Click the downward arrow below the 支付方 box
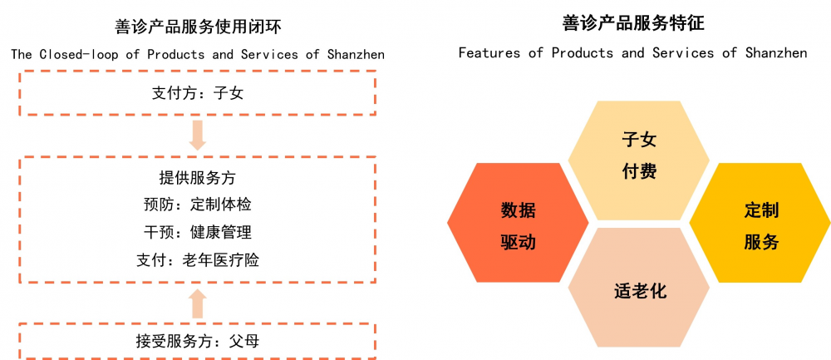[198, 136]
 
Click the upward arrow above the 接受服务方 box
[198, 303]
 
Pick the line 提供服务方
[197, 178]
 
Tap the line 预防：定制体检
[197, 205]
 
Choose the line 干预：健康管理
[197, 232]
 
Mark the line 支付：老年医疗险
[197, 259]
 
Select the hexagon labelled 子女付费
[638, 160]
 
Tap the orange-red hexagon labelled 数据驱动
[518, 223]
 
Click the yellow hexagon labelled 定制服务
[760, 223]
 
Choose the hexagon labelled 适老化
[638, 288]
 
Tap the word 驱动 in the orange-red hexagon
[519, 243]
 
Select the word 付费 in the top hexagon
[639, 172]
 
